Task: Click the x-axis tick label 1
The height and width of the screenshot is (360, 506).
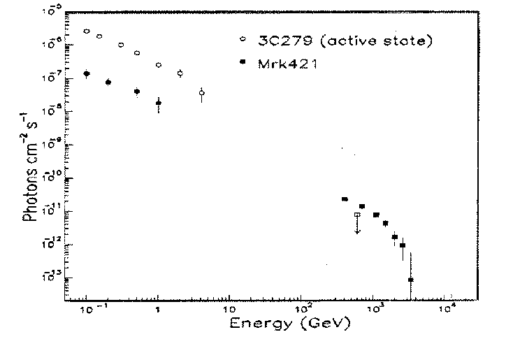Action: [x=158, y=308]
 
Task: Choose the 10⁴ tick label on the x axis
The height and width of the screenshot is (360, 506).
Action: [x=446, y=308]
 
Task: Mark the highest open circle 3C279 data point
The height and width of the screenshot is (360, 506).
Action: [x=87, y=31]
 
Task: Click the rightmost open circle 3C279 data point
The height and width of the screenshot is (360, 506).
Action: [x=201, y=92]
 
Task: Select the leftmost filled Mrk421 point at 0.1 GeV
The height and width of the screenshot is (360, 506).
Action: [x=87, y=73]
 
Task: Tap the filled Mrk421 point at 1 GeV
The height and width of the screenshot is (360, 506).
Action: [x=159, y=103]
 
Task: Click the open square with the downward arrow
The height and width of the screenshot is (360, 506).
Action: [x=357, y=215]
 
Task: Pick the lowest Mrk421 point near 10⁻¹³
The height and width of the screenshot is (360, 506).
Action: [x=411, y=280]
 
